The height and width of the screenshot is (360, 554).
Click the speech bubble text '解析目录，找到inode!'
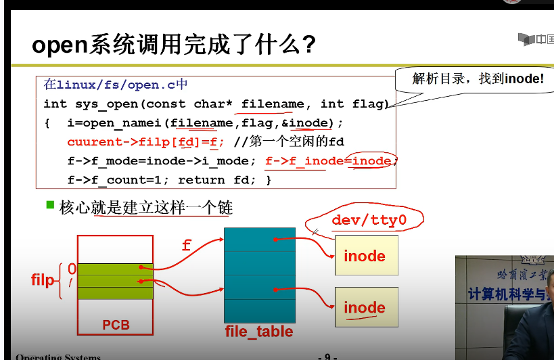coord(478,78)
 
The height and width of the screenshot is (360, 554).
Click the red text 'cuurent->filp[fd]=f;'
coord(146,142)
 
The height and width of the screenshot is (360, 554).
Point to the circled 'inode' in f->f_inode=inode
coord(371,161)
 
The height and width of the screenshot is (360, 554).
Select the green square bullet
coord(50,204)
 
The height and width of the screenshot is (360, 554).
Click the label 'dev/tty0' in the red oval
coord(369,221)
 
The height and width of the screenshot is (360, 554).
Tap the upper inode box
coord(366,256)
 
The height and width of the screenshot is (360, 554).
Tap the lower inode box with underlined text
coord(366,308)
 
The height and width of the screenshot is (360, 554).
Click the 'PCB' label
coord(116,325)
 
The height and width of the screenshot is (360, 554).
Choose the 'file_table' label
coord(259,332)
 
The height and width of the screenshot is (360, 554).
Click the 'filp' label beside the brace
coord(43,279)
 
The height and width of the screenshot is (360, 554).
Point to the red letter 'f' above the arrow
coord(187,246)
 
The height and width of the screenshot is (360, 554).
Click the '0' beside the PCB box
coord(72,269)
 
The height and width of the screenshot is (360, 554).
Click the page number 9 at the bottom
coord(327,356)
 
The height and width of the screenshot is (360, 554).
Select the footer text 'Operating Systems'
coord(58,357)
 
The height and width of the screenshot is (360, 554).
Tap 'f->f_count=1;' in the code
coord(113,180)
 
